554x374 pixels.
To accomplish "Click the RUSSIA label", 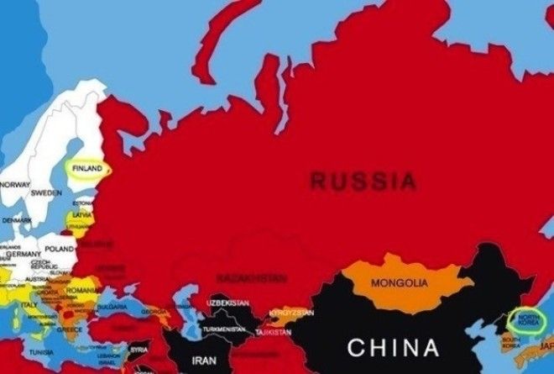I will (x=363, y=180).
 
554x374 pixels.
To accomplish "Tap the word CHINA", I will (x=394, y=347).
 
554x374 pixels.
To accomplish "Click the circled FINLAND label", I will (x=87, y=168).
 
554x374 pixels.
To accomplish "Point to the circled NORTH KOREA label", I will (x=526, y=319).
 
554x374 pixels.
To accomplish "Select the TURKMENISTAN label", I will (x=225, y=329).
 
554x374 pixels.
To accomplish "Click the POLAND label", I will (x=60, y=249).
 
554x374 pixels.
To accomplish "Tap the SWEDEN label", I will (x=46, y=192).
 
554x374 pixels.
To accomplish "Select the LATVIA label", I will (x=82, y=215).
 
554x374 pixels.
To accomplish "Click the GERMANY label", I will (x=23, y=254).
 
